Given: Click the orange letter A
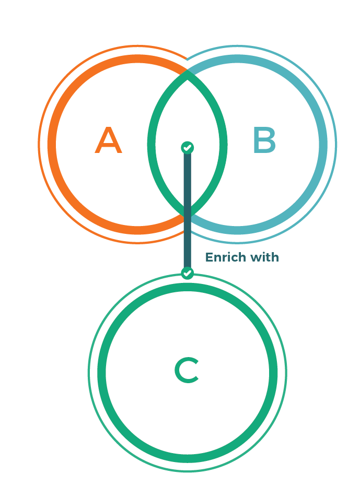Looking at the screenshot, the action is [108, 140].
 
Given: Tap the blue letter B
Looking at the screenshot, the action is [264, 140].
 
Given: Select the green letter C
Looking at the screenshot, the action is [187, 370].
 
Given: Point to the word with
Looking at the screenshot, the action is [265, 257].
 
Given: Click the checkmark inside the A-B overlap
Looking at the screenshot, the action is [188, 148].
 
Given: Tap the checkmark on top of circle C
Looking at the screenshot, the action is [188, 273].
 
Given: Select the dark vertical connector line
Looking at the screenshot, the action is [188, 210].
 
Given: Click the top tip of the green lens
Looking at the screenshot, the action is [187, 70].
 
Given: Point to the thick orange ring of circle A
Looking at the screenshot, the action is [52, 145].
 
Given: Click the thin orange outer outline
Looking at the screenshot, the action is [39, 145].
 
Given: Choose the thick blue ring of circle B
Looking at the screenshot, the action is [323, 145].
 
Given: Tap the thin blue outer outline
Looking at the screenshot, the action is [336, 145].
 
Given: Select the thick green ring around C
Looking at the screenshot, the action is [101, 373].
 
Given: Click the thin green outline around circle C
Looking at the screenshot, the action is [88, 373].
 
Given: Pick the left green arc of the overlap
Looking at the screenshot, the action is [151, 145].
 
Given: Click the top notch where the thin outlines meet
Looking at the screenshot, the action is [188, 58].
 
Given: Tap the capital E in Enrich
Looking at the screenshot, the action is [210, 257].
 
